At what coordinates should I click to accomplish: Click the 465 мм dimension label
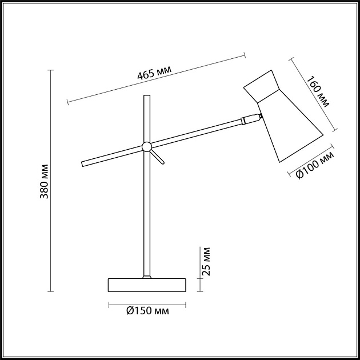click(x=154, y=73)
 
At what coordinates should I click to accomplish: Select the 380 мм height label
click(x=44, y=181)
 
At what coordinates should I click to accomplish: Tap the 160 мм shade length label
click(x=318, y=91)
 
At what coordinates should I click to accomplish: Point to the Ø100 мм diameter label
click(x=315, y=165)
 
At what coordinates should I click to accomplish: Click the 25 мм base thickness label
click(x=206, y=261)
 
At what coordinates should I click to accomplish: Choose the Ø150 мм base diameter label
click(x=147, y=311)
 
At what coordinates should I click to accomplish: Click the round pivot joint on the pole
click(x=147, y=147)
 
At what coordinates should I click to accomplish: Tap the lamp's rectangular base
click(x=147, y=285)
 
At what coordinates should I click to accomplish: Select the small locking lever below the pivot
click(x=158, y=157)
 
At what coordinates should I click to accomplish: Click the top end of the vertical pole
click(x=147, y=95)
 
